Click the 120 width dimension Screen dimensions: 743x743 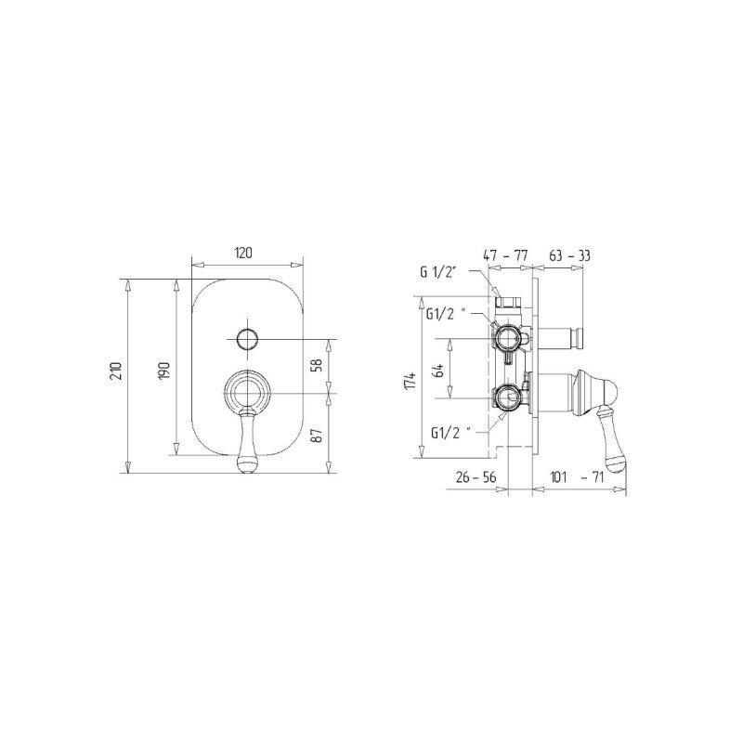(x=243, y=253)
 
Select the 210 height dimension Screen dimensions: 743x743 (x=117, y=371)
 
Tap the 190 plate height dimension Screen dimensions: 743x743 (x=164, y=371)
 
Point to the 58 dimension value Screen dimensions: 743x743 (x=318, y=364)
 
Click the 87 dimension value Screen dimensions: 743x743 (x=318, y=435)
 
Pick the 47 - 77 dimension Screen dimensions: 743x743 (x=505, y=256)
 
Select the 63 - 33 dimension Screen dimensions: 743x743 (x=569, y=256)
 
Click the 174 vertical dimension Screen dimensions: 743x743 (x=411, y=381)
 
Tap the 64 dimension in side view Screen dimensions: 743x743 (x=439, y=370)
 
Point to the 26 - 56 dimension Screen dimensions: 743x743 (x=476, y=476)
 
